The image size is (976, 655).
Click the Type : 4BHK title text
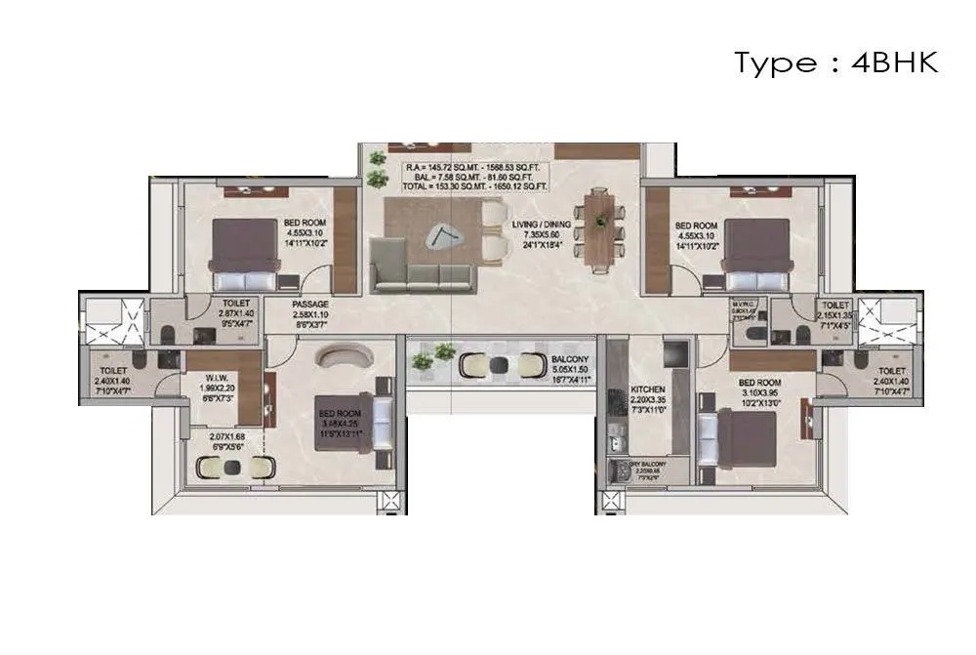coord(835,63)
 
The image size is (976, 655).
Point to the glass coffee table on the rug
coord(440,235)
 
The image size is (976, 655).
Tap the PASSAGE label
coord(309,305)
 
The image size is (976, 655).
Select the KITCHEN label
coord(647,388)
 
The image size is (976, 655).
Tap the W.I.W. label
coord(218,380)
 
